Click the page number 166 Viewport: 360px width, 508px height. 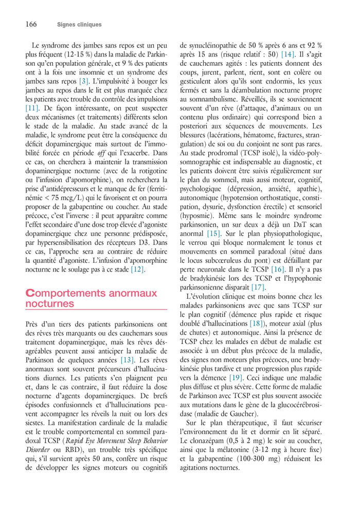[30, 24]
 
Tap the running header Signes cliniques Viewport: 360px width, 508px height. [79, 25]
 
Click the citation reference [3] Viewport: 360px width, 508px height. [83, 81]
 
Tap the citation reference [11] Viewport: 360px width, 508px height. [32, 108]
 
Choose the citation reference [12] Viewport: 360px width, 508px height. [137, 269]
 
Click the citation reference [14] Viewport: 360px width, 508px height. [287, 54]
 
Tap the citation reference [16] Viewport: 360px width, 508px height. [277, 269]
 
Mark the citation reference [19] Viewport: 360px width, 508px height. [236, 377]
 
